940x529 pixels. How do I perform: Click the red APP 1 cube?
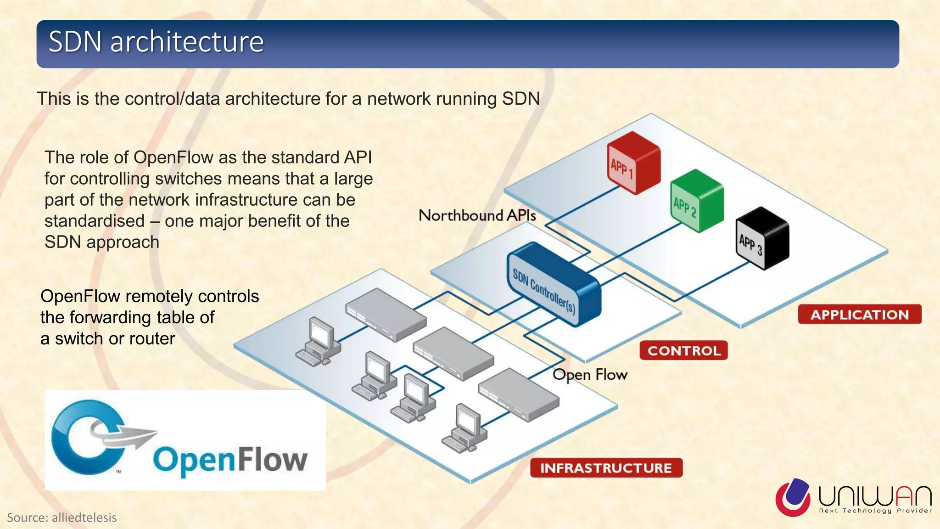click(634, 163)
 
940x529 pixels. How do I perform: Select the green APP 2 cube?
click(697, 201)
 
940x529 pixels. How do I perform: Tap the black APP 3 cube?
click(762, 238)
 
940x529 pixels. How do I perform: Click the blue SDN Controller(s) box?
click(553, 285)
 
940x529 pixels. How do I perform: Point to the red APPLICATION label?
click(859, 315)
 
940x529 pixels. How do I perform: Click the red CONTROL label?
click(683, 350)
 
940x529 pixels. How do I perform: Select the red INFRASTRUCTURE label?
click(606, 468)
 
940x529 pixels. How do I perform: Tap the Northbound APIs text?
click(477, 215)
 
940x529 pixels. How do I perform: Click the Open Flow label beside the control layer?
click(590, 375)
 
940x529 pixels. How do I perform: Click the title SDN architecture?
click(156, 42)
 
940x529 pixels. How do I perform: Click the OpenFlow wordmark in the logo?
click(229, 460)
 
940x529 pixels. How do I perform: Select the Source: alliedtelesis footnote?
click(62, 518)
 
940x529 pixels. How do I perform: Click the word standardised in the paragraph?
click(95, 221)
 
